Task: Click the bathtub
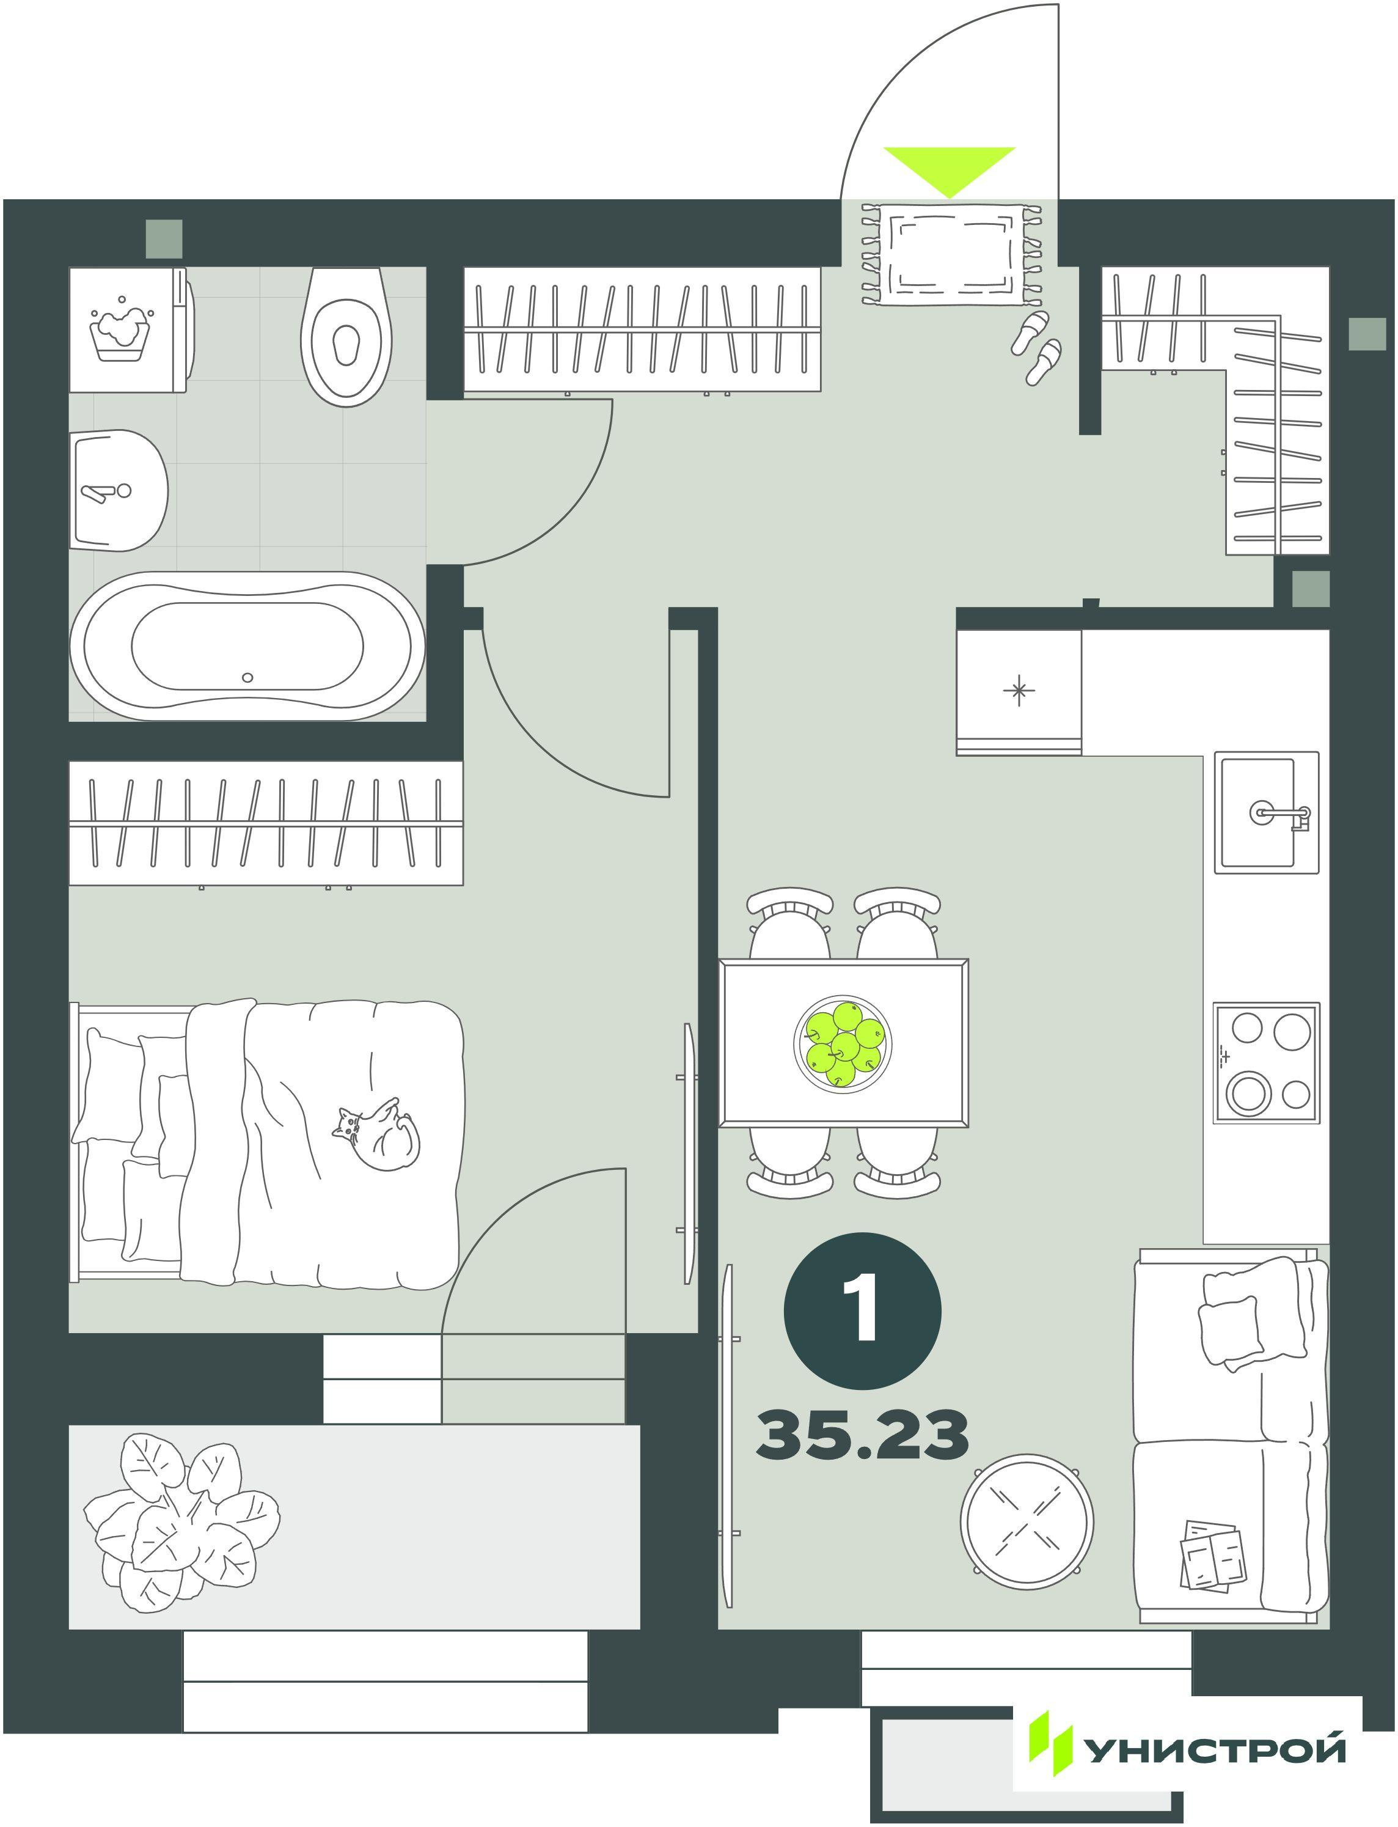[247, 646]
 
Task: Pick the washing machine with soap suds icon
[131, 329]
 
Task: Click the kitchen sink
[1267, 812]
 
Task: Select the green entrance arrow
[950, 172]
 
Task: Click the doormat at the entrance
[950, 255]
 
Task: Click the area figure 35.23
[862, 1435]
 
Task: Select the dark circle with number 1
[862, 1311]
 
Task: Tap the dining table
[844, 1043]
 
